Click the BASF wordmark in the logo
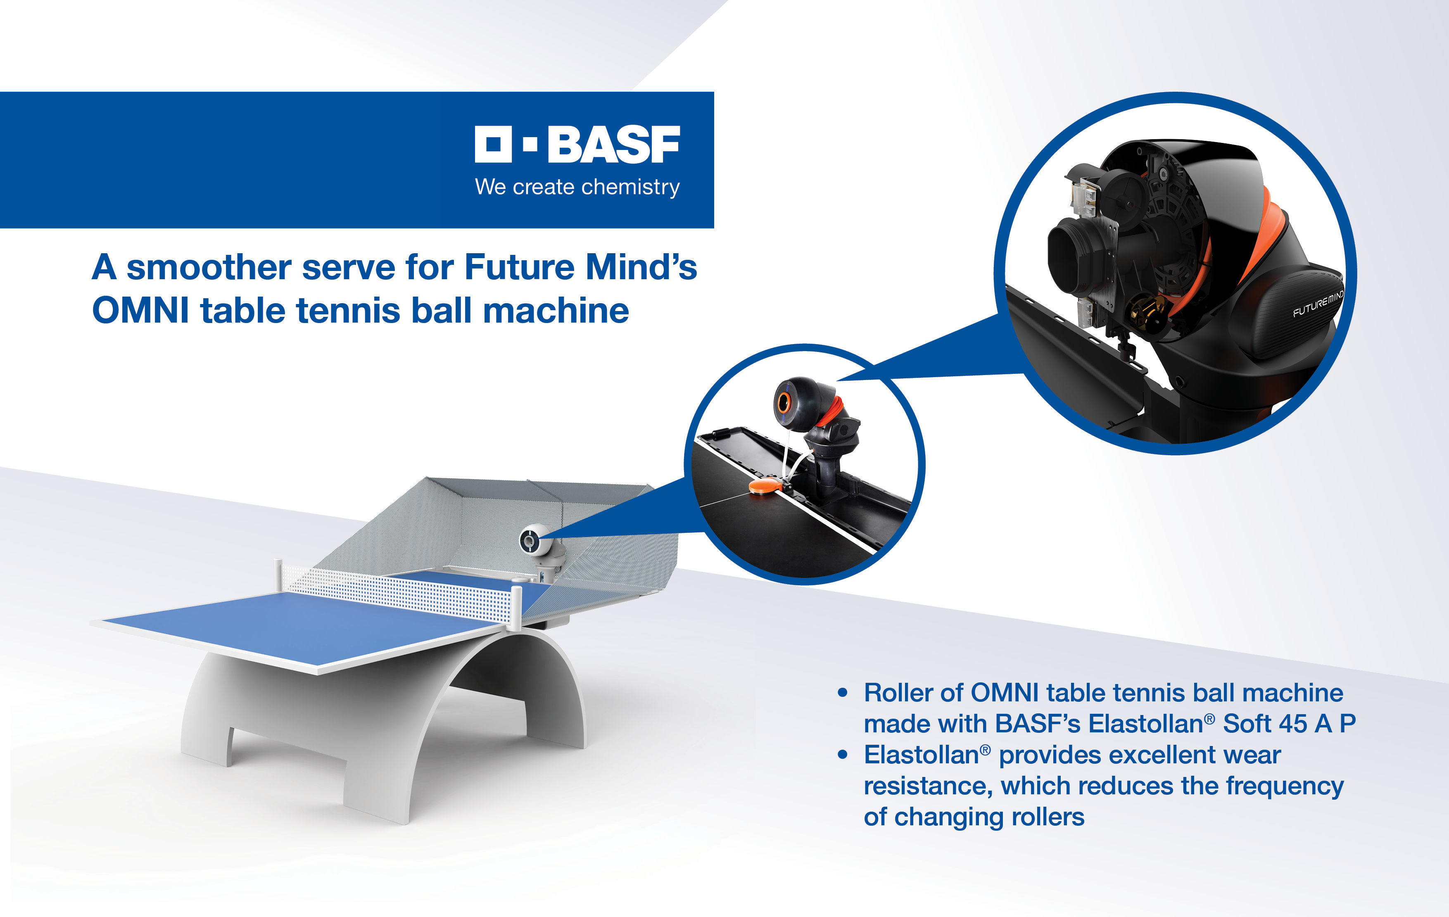614,145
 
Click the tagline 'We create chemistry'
577,187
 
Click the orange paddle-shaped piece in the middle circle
765,486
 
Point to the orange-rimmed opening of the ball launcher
784,403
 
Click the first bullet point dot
843,693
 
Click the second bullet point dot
843,755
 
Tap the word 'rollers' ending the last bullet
1048,817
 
